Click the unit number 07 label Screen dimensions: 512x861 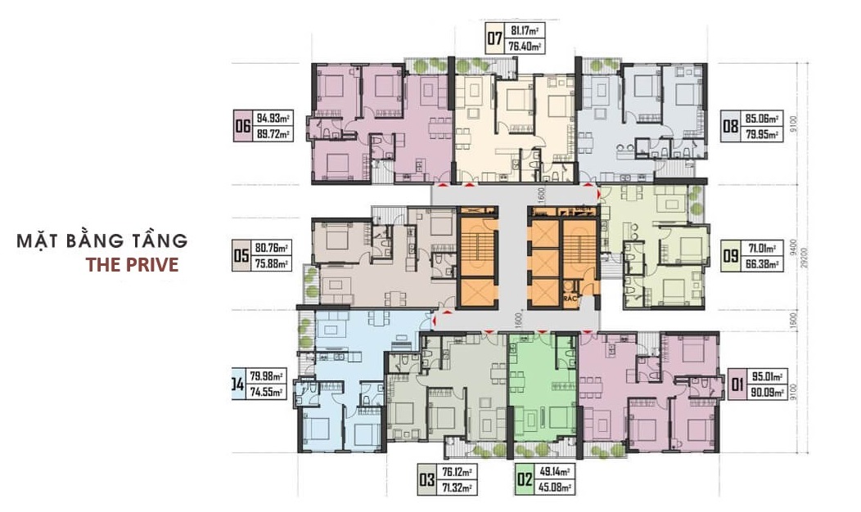[494, 39]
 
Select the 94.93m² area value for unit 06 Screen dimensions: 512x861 [273, 119]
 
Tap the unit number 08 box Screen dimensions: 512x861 [729, 128]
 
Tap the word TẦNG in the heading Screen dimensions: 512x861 [159, 241]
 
